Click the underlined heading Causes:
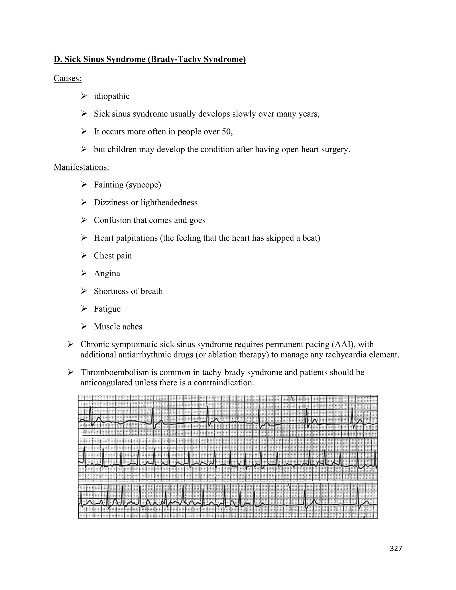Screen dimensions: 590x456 pos(67,78)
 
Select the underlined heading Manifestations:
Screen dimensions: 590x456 pos(81,167)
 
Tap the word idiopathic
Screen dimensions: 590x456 pos(112,96)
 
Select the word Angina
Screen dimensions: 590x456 pos(107,273)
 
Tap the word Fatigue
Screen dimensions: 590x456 pos(107,309)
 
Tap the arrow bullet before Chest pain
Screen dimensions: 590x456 pos(84,255)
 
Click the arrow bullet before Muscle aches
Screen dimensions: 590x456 pos(84,326)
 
